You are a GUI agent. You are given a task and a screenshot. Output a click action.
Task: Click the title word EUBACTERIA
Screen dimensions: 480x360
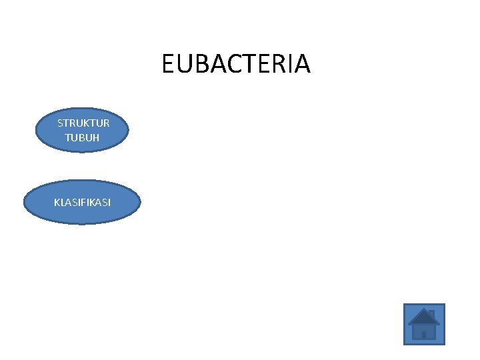point(235,64)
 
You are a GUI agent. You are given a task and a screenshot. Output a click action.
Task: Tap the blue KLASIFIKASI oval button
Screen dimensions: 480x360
point(83,202)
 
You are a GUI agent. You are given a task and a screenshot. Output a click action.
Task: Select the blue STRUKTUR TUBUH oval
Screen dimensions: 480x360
point(82,130)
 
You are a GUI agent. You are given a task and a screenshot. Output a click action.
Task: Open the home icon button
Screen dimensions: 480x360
point(423,325)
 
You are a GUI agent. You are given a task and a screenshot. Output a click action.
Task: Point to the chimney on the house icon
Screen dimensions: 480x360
point(431,313)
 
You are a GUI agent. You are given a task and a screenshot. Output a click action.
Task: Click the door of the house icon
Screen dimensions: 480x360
point(423,333)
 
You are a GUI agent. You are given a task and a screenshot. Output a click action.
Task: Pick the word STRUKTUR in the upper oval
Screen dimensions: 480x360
point(83,123)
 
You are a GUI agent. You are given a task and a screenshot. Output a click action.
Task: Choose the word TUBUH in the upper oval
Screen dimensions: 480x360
point(82,137)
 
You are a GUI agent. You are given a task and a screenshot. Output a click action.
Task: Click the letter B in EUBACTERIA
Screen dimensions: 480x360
point(198,64)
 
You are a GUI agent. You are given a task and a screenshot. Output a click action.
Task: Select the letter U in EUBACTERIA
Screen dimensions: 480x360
point(183,64)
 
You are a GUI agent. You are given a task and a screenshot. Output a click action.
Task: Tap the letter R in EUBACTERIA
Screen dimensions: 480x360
point(273,64)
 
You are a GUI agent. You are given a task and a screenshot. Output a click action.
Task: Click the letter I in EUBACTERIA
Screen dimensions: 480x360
point(285,64)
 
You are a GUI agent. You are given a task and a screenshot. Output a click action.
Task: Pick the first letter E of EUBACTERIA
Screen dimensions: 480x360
point(168,64)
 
